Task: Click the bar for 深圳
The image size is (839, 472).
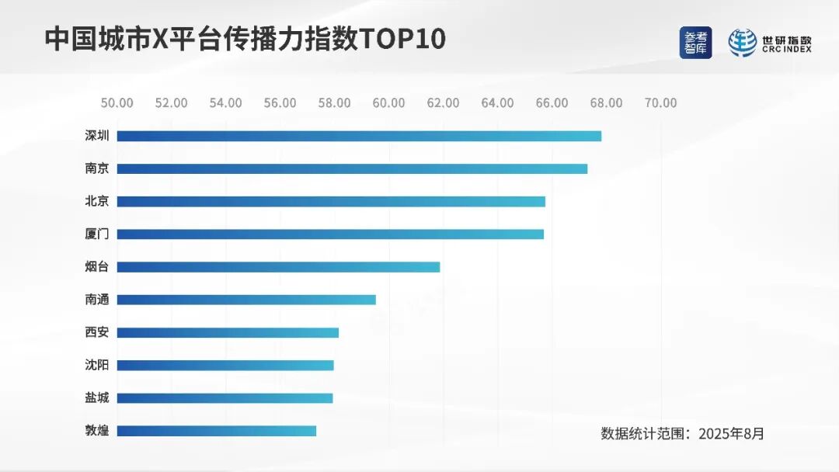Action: point(359,136)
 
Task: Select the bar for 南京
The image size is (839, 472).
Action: point(352,168)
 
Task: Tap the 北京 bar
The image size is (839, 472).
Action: point(331,202)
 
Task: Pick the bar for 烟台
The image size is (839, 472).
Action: point(278,267)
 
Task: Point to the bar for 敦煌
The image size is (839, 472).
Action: point(217,431)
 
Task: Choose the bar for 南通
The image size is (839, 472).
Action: point(246,300)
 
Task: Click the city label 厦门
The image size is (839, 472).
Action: point(96,234)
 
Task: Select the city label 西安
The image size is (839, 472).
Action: point(96,332)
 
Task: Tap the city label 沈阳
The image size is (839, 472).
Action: point(96,365)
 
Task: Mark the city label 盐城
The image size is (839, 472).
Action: point(96,398)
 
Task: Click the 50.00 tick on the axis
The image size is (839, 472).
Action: point(117,103)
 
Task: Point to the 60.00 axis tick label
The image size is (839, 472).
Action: point(388,103)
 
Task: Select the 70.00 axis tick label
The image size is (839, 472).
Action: point(660,103)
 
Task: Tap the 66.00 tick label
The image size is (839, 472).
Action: point(552,103)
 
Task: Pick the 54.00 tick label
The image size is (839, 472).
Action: point(225,103)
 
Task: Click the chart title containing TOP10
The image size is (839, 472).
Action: point(245,40)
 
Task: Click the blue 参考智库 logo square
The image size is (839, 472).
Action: point(695,43)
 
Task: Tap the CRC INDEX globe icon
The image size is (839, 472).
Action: point(742,43)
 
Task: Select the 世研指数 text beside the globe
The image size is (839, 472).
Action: point(786,39)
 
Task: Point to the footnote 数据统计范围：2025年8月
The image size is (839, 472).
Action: point(682,433)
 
